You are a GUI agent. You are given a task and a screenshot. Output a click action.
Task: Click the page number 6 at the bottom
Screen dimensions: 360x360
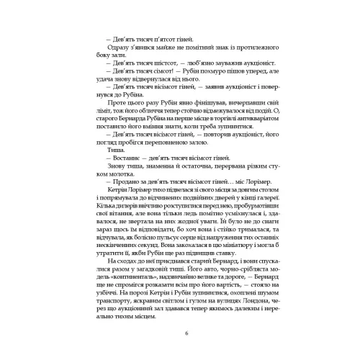186,332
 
